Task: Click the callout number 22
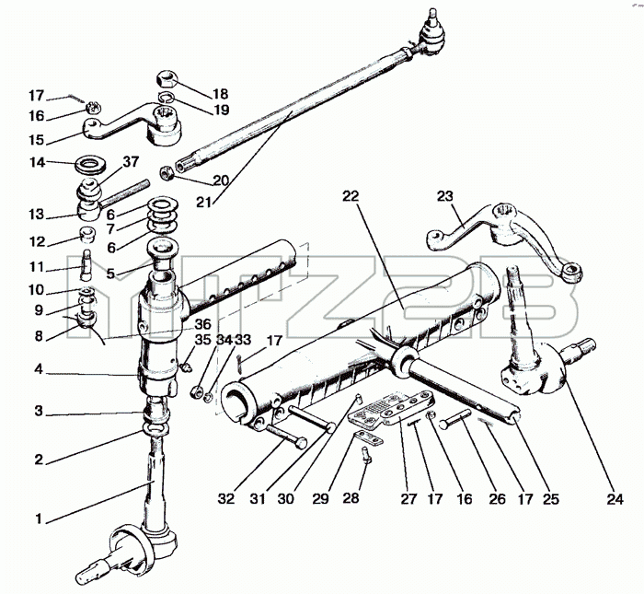tap(351, 196)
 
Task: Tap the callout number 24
tap(615, 499)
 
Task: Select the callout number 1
tap(39, 519)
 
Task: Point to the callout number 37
tap(131, 162)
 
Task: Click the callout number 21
tap(204, 203)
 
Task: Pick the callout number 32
tap(226, 498)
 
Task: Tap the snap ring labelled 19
tap(167, 98)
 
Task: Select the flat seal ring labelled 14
tap(91, 165)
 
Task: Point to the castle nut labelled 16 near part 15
tap(94, 109)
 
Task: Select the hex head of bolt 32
tap(301, 443)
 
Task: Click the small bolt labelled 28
tap(366, 454)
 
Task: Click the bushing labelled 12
tap(87, 234)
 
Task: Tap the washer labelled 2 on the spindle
tap(155, 429)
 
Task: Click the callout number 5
tap(110, 274)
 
